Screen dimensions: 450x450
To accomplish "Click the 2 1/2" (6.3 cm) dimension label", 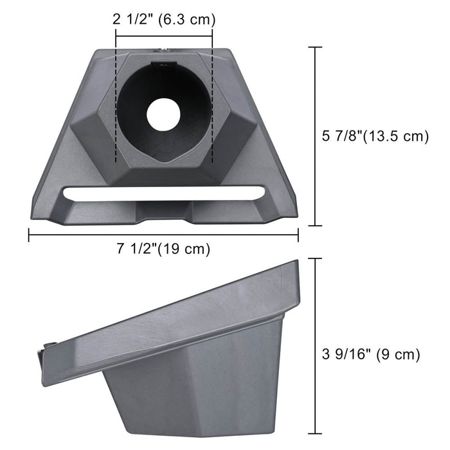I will point(164,19).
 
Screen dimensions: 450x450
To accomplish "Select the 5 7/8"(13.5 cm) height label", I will point(375,136).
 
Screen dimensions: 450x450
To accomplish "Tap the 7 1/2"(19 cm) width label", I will point(163,249).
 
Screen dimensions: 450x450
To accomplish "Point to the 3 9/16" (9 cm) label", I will point(371,354).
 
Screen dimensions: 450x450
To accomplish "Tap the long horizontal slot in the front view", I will point(163,192).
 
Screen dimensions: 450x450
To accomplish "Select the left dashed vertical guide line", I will point(116,103).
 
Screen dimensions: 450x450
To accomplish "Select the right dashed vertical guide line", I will point(212,103).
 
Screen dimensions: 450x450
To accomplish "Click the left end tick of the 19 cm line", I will point(29,235).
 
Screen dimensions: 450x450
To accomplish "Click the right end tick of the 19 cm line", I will point(298,235).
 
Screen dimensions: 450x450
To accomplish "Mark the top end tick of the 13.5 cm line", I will point(315,48).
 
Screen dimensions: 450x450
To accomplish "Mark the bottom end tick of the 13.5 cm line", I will point(315,226).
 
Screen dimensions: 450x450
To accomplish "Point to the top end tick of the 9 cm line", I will point(315,258).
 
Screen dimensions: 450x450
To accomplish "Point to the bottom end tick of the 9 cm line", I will point(315,435).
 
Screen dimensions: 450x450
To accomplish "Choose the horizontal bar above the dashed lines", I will point(164,36).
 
